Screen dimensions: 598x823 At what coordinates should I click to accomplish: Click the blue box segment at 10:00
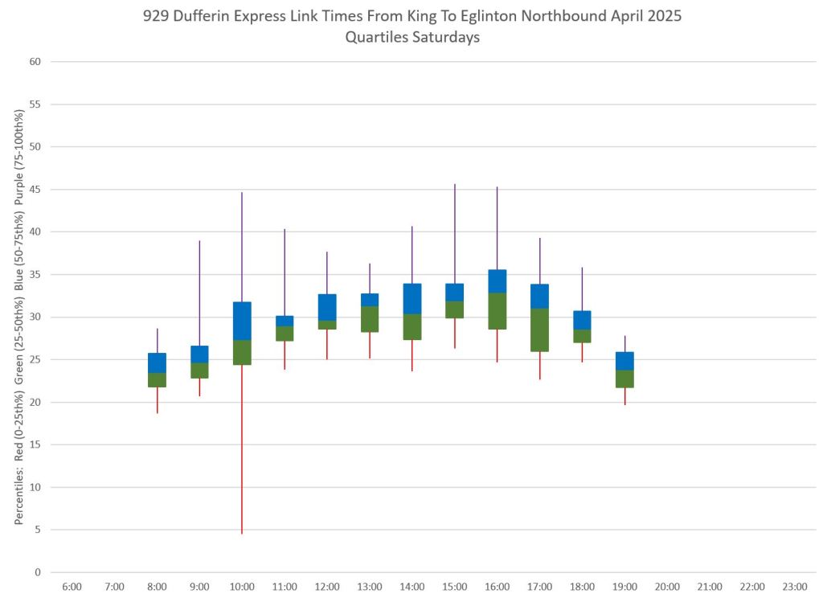coord(242,321)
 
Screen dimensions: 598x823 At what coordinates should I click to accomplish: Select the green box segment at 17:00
coord(539,330)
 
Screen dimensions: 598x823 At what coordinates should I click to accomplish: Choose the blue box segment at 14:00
coord(412,298)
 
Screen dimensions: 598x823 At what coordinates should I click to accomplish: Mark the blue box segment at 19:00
coord(624,361)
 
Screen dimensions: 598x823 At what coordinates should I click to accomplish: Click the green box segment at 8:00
coord(157,380)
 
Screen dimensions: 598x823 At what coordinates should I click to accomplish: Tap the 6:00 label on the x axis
coord(72,588)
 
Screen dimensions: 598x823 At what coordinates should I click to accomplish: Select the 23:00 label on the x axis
coord(795,588)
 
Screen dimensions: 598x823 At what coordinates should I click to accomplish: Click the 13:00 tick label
coord(370,588)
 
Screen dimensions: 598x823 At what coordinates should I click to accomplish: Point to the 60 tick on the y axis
coord(35,62)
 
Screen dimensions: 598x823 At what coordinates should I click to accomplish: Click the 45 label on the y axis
coord(35,190)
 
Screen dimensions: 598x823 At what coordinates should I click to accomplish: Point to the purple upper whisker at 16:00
coord(497,228)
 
